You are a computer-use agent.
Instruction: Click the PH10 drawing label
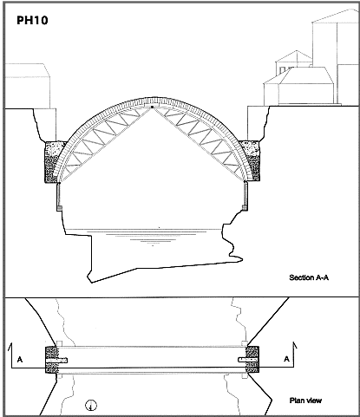[x=32, y=20]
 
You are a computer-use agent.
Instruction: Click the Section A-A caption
[x=309, y=277]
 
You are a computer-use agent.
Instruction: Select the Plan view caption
[x=305, y=401]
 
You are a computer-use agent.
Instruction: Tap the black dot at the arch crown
[x=153, y=107]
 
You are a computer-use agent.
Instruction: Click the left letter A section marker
[x=20, y=360]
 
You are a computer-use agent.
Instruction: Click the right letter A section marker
[x=286, y=359]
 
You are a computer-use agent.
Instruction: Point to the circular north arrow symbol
[x=91, y=405]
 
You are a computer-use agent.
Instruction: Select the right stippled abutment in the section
[x=251, y=161]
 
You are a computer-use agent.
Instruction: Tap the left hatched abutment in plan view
[x=51, y=360]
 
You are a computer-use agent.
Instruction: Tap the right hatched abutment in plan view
[x=252, y=360]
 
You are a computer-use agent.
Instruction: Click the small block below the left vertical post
[x=59, y=208]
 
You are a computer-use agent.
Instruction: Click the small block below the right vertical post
[x=245, y=207]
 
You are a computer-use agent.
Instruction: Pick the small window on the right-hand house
[x=282, y=70]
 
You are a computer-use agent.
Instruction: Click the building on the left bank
[x=28, y=86]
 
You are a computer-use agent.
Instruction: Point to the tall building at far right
[x=336, y=58]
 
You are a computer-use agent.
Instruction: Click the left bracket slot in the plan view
[x=56, y=361]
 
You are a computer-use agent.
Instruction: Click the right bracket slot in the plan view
[x=247, y=360]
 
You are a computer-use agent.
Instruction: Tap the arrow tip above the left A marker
[x=11, y=343]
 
